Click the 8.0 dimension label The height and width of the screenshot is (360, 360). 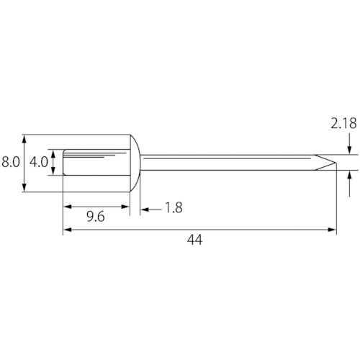pos(11,162)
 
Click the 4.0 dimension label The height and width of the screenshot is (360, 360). pos(39,162)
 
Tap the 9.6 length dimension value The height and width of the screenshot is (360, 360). pos(96,217)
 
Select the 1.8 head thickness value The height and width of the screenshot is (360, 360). pos(174,207)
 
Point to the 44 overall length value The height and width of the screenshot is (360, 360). pos(194,240)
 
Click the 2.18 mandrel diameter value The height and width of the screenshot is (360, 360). pos(343,124)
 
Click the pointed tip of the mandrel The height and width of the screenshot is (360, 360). pos(336,163)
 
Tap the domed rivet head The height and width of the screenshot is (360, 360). pos(135,163)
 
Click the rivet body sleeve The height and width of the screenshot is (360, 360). pos(96,162)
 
